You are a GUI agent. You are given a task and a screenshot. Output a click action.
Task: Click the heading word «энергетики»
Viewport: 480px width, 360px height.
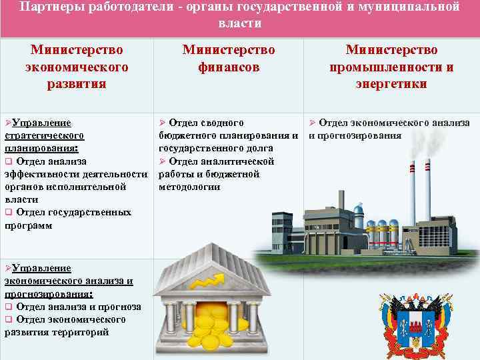[391, 84]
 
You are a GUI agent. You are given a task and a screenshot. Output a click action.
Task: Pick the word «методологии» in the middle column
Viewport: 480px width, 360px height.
[189, 187]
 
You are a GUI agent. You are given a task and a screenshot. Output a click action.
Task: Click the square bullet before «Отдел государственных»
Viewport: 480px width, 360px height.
[9, 213]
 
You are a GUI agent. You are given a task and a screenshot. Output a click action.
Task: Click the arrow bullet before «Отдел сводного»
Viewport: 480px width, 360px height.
[162, 123]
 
